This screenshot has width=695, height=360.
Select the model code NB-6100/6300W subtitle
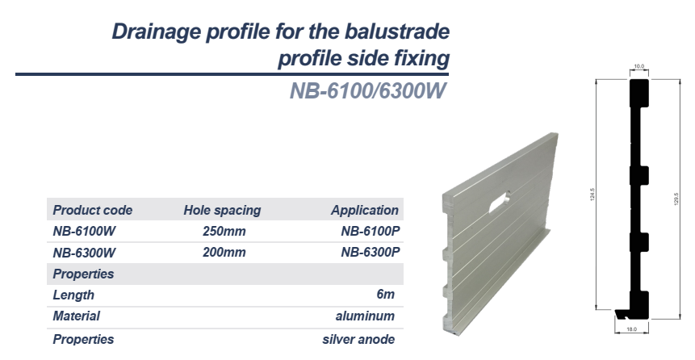point(367,91)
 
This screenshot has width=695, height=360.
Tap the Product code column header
point(92,210)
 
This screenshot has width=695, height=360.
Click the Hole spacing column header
point(222,210)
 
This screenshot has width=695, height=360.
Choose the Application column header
point(365,210)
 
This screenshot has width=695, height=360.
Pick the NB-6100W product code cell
point(84,232)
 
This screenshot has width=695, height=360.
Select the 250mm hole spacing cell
point(224,232)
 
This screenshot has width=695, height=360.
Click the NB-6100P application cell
point(371,232)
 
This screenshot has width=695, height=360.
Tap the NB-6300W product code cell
point(84,253)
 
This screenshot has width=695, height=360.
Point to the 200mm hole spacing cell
point(224,253)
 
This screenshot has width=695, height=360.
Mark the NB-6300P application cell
point(371,253)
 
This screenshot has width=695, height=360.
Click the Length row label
point(73,295)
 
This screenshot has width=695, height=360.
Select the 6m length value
point(385,295)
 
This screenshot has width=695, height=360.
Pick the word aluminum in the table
point(365,316)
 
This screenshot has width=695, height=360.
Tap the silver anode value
point(358,340)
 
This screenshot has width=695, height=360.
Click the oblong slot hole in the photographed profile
point(500,202)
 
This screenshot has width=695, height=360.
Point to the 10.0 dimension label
point(638,66)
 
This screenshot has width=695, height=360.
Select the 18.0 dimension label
point(631,329)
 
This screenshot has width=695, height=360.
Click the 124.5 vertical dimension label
point(592,195)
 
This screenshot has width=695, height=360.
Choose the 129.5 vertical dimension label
point(676,199)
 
